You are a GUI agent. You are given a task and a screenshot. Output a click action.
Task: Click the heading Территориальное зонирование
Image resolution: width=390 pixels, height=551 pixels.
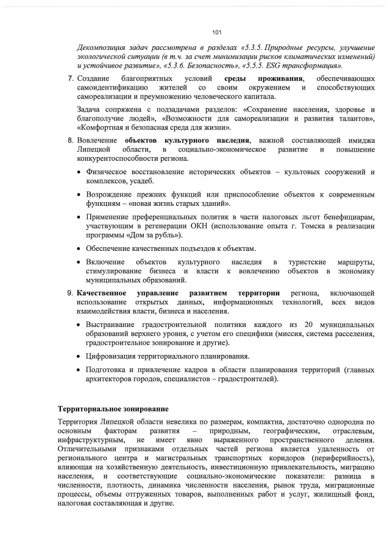(113, 407)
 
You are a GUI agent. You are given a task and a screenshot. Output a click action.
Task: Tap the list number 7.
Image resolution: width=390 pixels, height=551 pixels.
(71, 79)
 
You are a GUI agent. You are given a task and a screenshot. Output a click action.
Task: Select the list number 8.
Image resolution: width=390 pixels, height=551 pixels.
(71, 141)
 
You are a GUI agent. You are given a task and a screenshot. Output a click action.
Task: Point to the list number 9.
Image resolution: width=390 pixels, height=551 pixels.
(71, 293)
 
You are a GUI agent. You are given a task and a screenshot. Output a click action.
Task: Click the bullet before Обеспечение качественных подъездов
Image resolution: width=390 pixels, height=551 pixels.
(80, 249)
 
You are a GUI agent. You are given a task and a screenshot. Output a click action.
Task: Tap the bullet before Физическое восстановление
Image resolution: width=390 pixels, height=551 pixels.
(80, 172)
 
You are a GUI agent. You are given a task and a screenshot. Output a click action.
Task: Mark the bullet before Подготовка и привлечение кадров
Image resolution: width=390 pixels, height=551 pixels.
(80, 370)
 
